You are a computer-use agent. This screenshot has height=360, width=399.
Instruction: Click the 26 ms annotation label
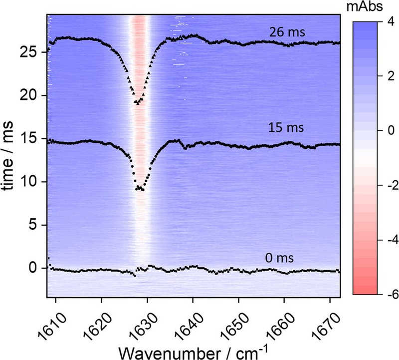287,32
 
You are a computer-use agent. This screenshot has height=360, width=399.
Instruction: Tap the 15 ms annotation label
286,127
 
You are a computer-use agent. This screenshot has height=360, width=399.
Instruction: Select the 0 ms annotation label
279,258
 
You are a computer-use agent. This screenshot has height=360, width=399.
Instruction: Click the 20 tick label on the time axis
30,95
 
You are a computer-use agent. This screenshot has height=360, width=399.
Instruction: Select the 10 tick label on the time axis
30,182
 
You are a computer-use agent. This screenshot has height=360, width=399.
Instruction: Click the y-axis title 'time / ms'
7,156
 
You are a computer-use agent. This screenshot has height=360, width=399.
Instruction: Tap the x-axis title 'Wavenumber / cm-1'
194,353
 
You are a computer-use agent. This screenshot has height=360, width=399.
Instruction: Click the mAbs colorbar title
365,7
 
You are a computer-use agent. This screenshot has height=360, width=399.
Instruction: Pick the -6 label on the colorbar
393,295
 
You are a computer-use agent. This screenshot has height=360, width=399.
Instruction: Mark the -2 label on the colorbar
393,185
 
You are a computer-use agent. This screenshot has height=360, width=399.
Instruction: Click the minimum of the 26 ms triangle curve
138,103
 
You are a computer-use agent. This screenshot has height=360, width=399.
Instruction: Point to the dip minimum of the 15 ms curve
140,188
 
